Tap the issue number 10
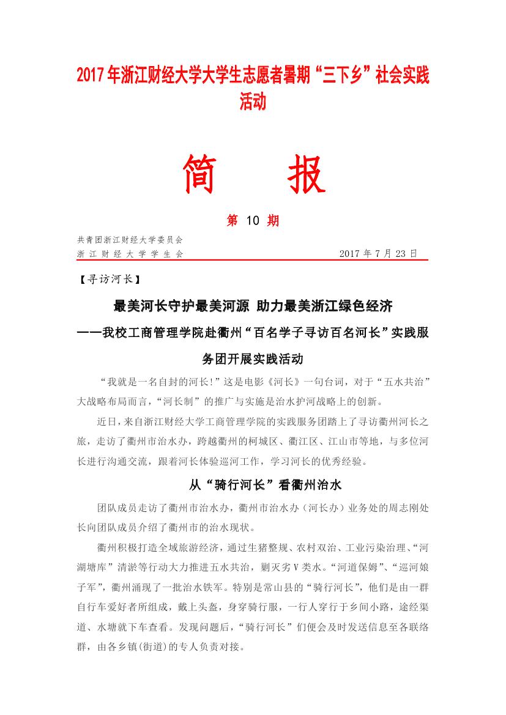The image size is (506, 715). point(253,221)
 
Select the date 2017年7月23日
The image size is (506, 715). point(378,253)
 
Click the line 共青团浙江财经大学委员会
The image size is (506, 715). point(130,240)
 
